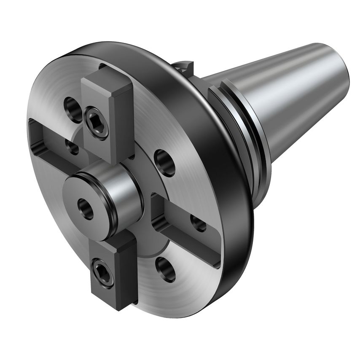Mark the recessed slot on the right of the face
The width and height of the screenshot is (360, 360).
pos(185,219)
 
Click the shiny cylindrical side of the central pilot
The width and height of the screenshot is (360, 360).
pos(122,198)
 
